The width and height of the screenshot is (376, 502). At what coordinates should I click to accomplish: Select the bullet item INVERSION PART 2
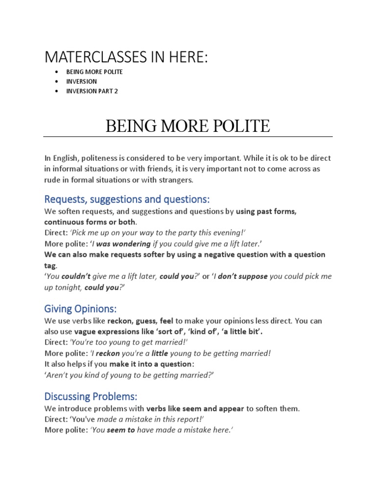pos(92,91)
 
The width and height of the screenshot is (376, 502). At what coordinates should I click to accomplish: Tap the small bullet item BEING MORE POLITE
pos(94,72)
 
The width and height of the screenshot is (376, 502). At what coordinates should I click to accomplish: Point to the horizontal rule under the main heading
pos(188,137)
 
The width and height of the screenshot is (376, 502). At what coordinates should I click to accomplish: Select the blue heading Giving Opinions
pos(81,309)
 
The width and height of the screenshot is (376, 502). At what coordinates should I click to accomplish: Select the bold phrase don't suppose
pos(243,276)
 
